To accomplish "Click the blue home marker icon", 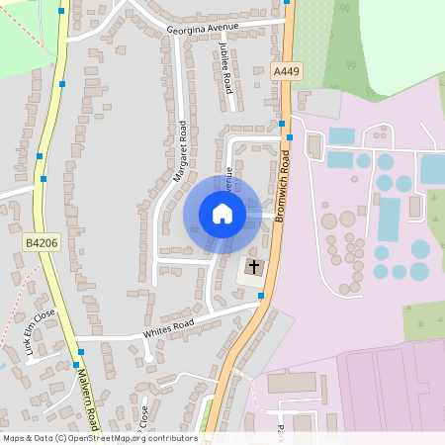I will [x=222, y=213].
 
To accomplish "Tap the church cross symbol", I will [x=253, y=267].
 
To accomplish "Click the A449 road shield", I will [x=286, y=71].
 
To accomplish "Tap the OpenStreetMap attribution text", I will [x=99, y=437].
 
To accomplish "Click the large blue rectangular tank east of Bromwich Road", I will [x=389, y=219].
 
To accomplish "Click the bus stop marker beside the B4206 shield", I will [x=44, y=179].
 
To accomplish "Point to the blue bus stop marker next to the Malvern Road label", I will [x=76, y=364].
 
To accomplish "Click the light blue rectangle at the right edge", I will [x=433, y=168].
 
